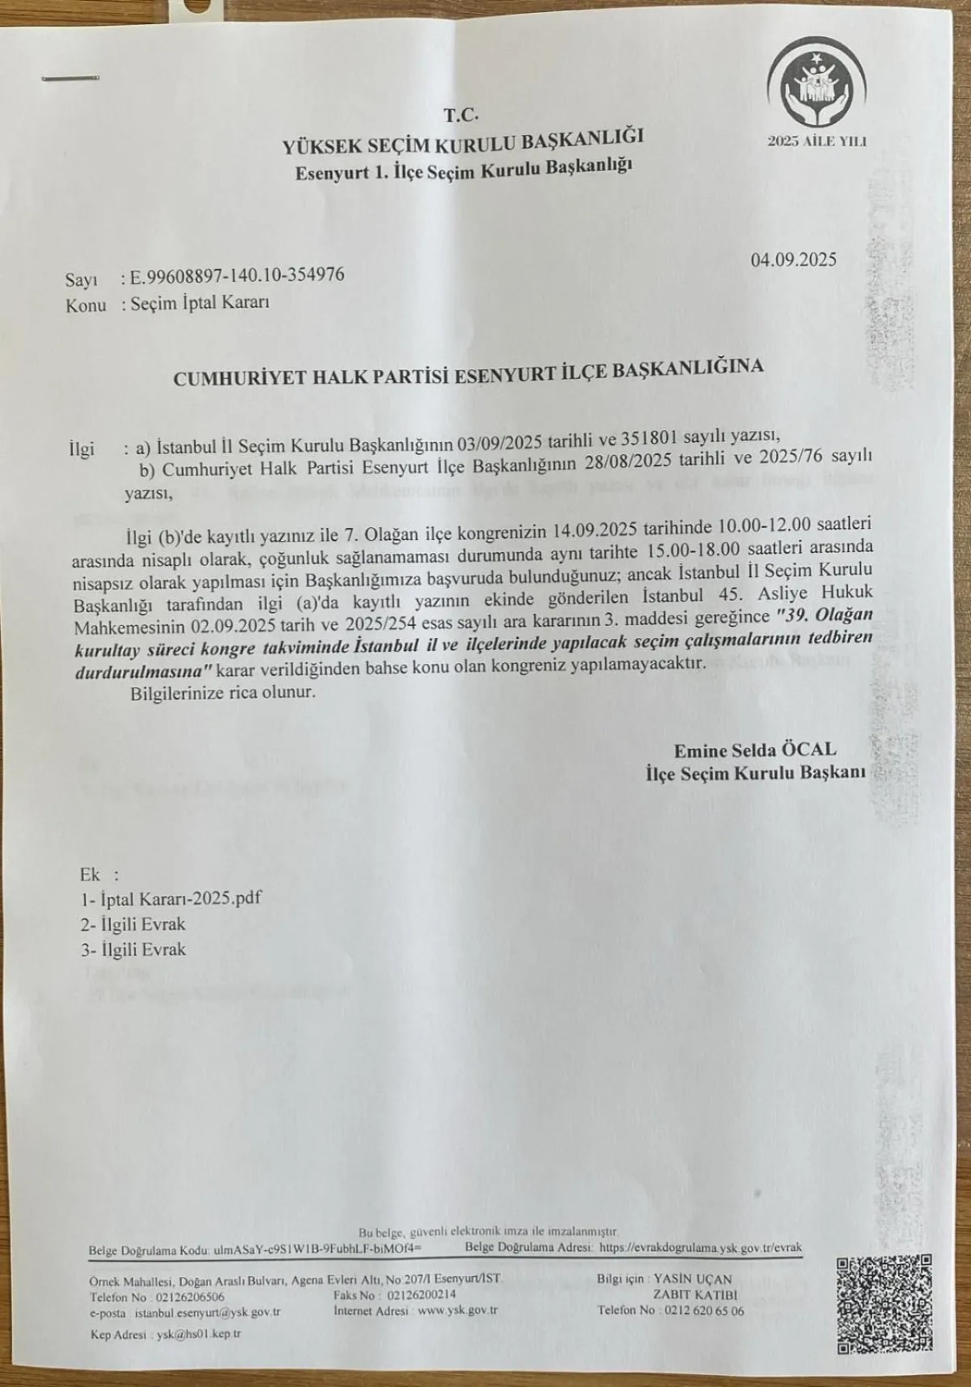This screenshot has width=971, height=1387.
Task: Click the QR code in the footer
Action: tap(883, 1305)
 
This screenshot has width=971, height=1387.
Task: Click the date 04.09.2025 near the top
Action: tap(793, 259)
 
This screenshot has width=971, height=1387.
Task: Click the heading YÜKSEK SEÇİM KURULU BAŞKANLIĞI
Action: tap(463, 141)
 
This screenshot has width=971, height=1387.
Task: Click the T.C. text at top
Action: tap(460, 114)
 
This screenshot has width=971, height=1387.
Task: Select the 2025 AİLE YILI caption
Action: tap(817, 141)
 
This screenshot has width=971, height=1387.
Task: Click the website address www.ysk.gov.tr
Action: tap(457, 1311)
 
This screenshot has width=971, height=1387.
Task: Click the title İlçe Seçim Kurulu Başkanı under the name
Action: tap(756, 772)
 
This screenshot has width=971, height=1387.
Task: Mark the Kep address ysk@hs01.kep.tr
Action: tap(199, 1334)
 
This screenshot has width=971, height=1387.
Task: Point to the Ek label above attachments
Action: tap(90, 873)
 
